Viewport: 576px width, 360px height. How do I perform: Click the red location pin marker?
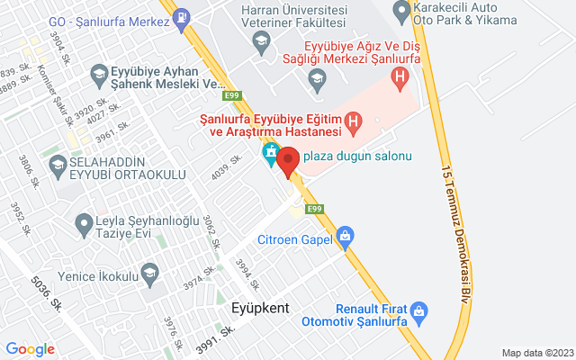click(288, 162)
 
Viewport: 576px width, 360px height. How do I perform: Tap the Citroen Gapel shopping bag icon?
click(344, 238)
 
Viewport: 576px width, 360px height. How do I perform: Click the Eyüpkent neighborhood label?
click(259, 308)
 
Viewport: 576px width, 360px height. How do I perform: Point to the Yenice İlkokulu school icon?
click(148, 272)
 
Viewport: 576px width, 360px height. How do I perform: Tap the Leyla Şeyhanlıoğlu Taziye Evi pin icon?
click(84, 220)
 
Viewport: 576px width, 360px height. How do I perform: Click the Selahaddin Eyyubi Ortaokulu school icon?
click(58, 166)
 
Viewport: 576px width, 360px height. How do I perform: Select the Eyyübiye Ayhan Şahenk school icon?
click(97, 76)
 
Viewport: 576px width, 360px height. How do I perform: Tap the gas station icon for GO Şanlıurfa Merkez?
click(182, 15)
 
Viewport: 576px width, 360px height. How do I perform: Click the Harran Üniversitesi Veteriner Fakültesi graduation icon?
click(260, 40)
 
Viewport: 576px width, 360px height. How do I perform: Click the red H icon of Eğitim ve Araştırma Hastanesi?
click(354, 120)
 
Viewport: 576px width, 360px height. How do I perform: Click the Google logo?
click(30, 349)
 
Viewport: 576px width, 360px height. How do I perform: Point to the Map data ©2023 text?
click(537, 353)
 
